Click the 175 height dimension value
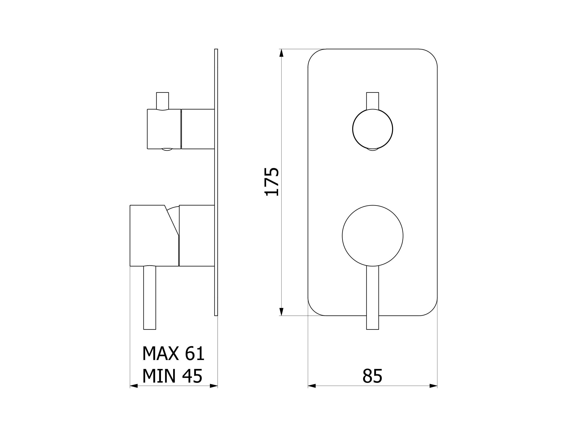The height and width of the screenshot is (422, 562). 272,182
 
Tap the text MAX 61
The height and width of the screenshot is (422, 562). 173,353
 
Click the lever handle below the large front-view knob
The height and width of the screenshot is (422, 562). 373,298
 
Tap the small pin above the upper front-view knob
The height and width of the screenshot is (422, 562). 373,101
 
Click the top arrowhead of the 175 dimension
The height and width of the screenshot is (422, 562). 281,53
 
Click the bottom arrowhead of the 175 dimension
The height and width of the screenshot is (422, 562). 281,312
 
